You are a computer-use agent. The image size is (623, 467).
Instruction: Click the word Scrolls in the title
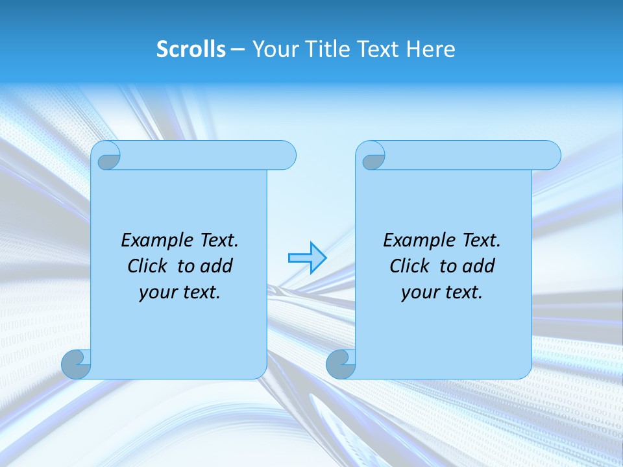(191, 49)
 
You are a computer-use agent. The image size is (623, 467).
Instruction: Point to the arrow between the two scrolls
(307, 258)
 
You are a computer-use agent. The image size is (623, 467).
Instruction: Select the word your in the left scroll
(156, 293)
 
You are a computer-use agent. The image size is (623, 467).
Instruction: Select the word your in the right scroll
(419, 293)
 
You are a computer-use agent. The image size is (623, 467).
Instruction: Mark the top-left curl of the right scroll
(372, 156)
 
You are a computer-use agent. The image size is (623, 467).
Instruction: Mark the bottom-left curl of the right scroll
(341, 364)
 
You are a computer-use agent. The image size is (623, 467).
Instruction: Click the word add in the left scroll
(217, 266)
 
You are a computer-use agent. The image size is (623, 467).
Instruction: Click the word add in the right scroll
(479, 266)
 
